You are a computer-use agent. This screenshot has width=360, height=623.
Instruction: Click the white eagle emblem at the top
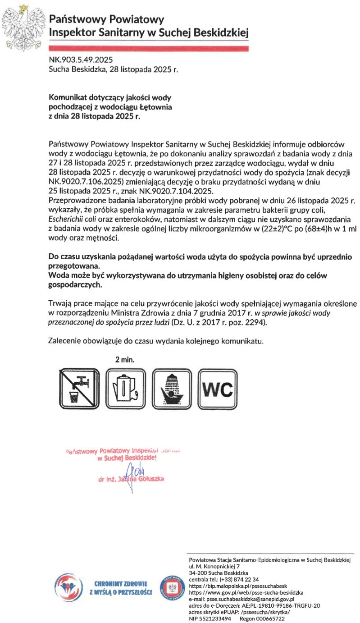point(23,25)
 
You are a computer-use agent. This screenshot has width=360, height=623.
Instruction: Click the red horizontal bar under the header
point(149,47)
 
